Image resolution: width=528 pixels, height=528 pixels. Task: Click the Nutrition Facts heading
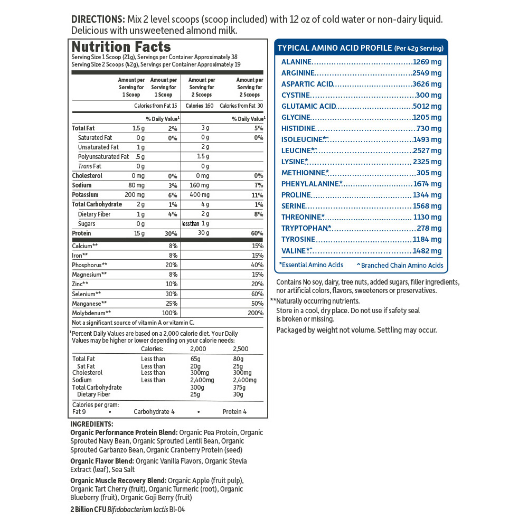click(x=121, y=46)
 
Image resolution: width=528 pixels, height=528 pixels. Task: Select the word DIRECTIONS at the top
click(x=96, y=20)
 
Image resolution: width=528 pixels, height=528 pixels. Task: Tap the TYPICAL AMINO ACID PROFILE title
click(x=335, y=48)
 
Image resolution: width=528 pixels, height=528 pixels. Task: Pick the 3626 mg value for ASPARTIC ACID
click(x=427, y=84)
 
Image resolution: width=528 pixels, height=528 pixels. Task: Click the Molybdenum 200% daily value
click(x=255, y=313)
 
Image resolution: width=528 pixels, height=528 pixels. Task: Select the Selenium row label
click(x=87, y=294)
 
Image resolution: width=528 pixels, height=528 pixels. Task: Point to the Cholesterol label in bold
click(x=87, y=176)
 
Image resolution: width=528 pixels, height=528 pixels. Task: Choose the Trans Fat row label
click(x=90, y=166)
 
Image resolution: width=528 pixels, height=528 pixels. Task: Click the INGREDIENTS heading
click(x=92, y=424)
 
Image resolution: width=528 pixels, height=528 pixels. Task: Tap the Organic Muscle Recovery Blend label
click(x=118, y=480)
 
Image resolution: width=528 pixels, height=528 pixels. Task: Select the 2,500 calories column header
click(x=241, y=349)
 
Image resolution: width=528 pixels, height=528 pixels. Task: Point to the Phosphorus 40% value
click(x=257, y=265)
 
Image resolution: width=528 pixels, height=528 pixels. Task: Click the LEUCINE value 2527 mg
click(x=427, y=151)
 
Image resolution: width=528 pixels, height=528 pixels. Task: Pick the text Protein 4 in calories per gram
click(x=234, y=412)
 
